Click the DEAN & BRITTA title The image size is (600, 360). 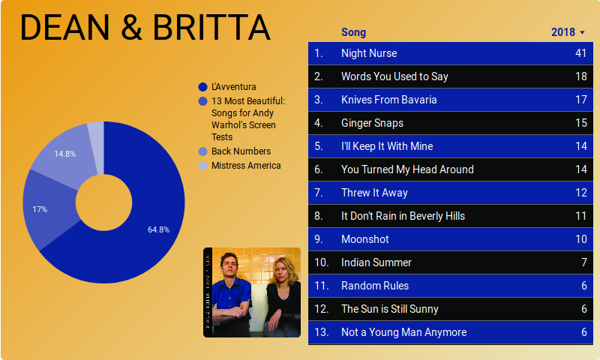coord(144,27)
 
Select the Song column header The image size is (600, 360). coord(353,32)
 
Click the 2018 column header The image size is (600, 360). coord(563,32)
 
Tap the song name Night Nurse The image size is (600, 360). coord(369,53)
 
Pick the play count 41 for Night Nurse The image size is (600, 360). coord(580,53)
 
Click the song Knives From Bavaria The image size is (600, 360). coord(388,100)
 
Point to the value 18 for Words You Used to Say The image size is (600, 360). coord(580,76)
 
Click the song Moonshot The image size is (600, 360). coord(365,239)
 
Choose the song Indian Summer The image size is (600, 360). coord(376,262)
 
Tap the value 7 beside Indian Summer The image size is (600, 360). coord(583,262)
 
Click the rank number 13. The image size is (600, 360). coord(322,332)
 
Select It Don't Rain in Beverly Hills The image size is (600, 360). coord(403,216)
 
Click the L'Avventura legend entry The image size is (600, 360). coord(233,87)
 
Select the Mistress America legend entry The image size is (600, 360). coord(245,166)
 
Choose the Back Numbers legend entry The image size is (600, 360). coord(241,151)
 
